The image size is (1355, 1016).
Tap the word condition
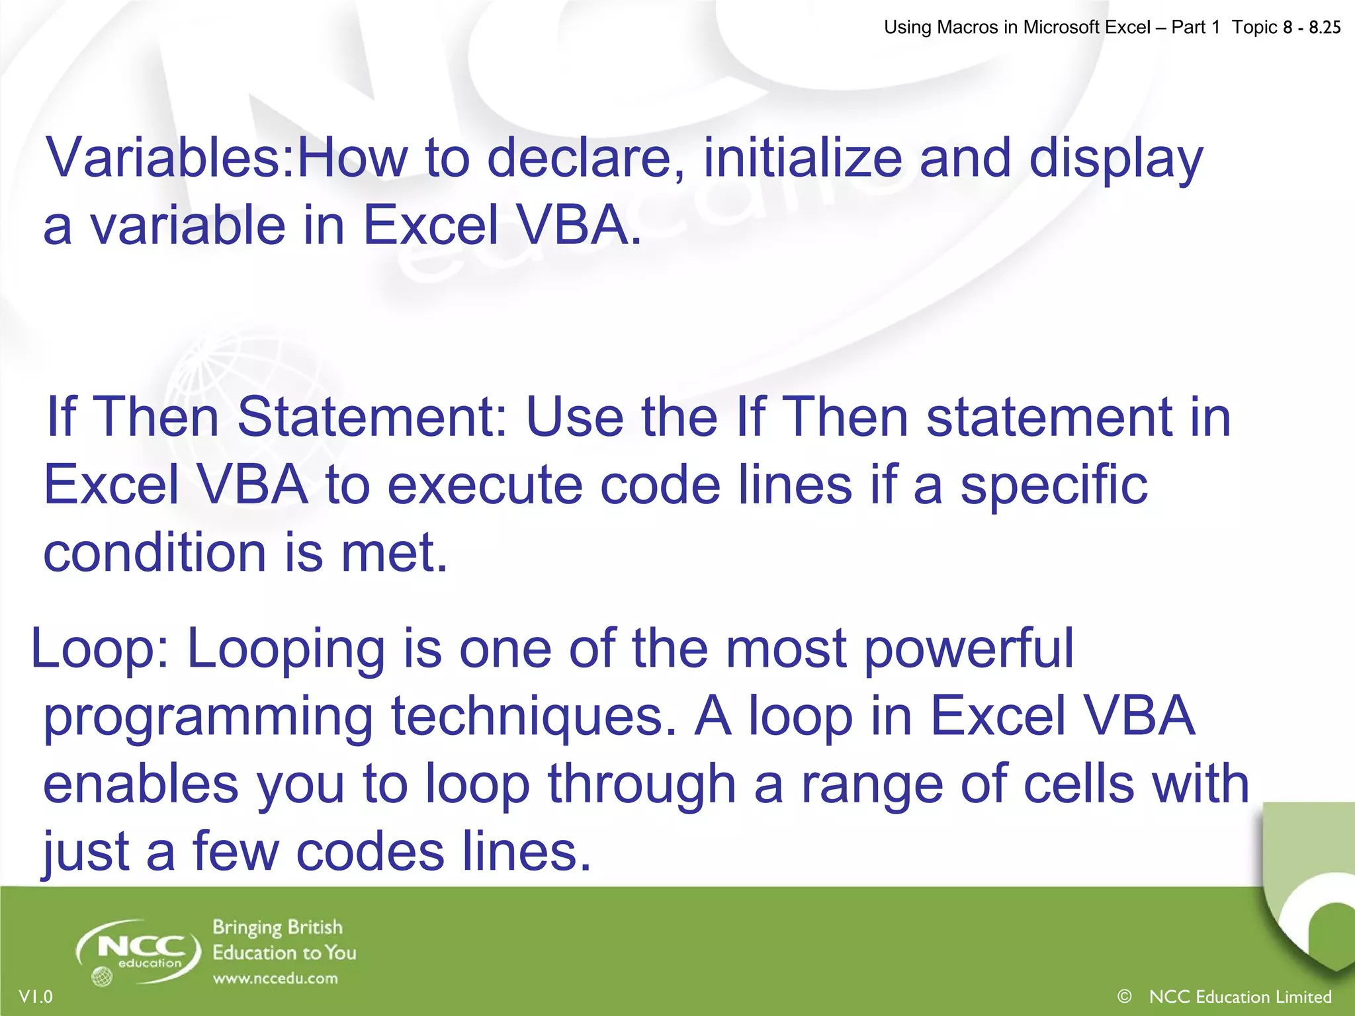tap(154, 554)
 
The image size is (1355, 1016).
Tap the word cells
tap(1078, 785)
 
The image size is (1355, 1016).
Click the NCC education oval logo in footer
tap(139, 951)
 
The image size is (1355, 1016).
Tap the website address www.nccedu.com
tap(275, 978)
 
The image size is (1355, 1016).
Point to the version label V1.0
tap(36, 996)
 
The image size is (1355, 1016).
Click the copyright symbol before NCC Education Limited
tap(1124, 995)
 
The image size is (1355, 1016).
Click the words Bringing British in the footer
tap(277, 927)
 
